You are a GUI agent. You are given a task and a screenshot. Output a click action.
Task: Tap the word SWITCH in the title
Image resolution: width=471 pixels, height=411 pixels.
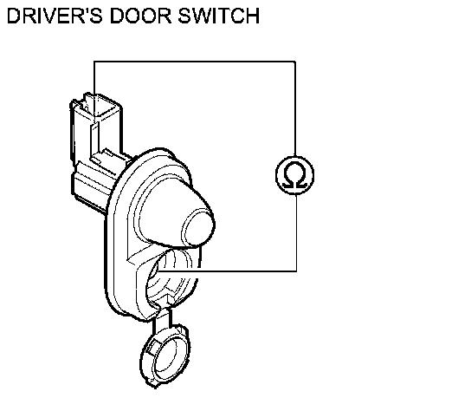point(219,16)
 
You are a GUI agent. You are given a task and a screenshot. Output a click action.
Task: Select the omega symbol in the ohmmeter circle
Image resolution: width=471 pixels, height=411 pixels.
point(295,174)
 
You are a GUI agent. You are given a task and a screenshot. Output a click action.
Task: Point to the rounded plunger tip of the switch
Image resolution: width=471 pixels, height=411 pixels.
point(198,226)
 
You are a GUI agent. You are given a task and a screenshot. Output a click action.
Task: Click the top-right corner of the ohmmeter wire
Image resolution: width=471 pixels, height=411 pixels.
point(295,62)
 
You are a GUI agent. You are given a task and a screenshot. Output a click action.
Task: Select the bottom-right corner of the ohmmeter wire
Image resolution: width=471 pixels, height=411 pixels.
point(296,271)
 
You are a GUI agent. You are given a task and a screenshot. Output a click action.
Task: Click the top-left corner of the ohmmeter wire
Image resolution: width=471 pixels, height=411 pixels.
point(94,62)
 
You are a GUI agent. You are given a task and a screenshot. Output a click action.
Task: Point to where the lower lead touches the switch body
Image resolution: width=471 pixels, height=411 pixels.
point(158,271)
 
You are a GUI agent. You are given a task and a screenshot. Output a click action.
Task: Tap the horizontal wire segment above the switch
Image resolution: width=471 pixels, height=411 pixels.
point(195,62)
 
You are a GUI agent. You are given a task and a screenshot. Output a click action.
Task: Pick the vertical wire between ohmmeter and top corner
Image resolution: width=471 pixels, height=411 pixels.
point(295,108)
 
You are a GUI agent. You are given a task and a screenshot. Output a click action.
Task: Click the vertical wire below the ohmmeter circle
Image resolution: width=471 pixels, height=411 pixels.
point(296,233)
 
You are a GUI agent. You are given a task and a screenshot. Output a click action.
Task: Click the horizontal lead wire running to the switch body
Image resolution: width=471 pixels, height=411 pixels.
point(227,271)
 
